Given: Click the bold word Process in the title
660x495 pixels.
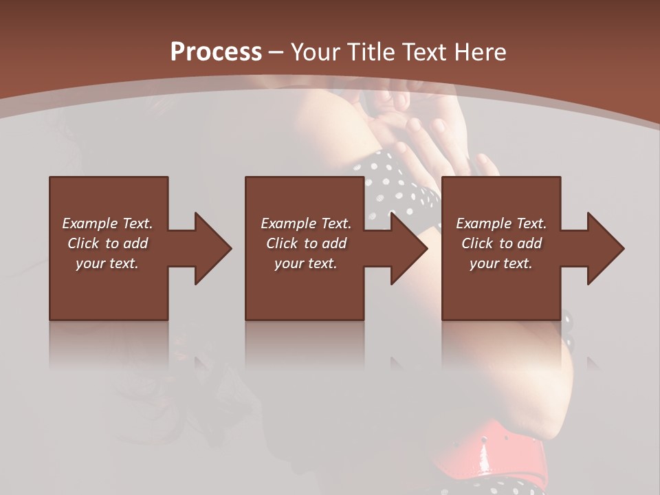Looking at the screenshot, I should point(216,52).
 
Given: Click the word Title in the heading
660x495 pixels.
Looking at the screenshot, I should point(370,52).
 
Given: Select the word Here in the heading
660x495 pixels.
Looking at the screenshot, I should point(481,52).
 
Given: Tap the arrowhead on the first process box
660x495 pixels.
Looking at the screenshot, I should point(210,248).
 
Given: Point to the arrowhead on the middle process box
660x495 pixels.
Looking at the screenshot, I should point(407,248).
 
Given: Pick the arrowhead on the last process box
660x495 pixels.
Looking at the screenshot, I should point(604,248).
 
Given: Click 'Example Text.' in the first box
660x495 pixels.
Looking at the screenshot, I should point(107,223).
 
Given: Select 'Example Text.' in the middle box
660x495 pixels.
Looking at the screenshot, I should point(306,223).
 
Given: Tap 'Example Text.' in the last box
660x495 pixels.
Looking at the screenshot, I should point(501,223).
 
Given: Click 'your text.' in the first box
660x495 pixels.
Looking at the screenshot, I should point(107,263).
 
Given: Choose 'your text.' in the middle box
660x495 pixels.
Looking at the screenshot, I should point(306,263).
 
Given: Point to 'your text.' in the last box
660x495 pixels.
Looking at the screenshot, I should point(501,263).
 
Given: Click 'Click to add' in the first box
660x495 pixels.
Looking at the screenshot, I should point(107,243).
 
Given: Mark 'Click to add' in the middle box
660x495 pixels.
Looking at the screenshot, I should point(306,243).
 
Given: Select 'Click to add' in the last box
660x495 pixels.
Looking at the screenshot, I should point(501,243).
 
